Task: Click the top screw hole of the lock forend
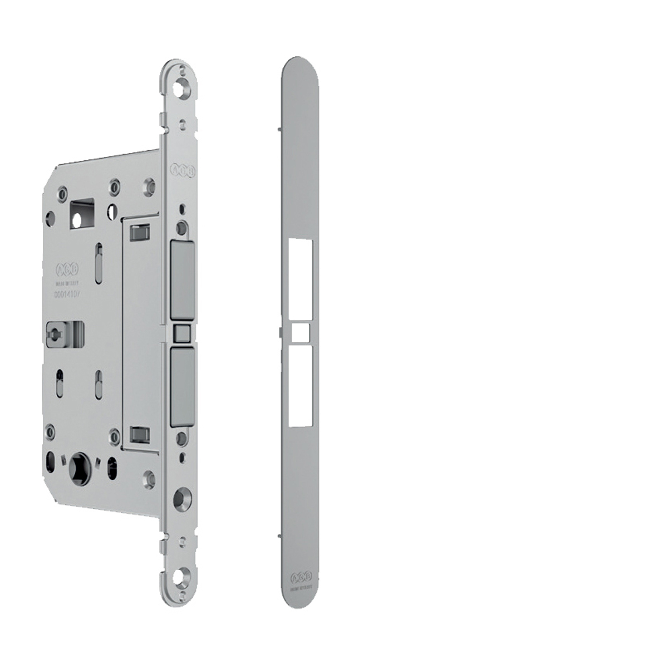pyautogui.click(x=181, y=89)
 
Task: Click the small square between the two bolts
pyautogui.click(x=182, y=333)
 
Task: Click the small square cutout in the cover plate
pyautogui.click(x=301, y=333)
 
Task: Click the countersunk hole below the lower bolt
pyautogui.click(x=181, y=497)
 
